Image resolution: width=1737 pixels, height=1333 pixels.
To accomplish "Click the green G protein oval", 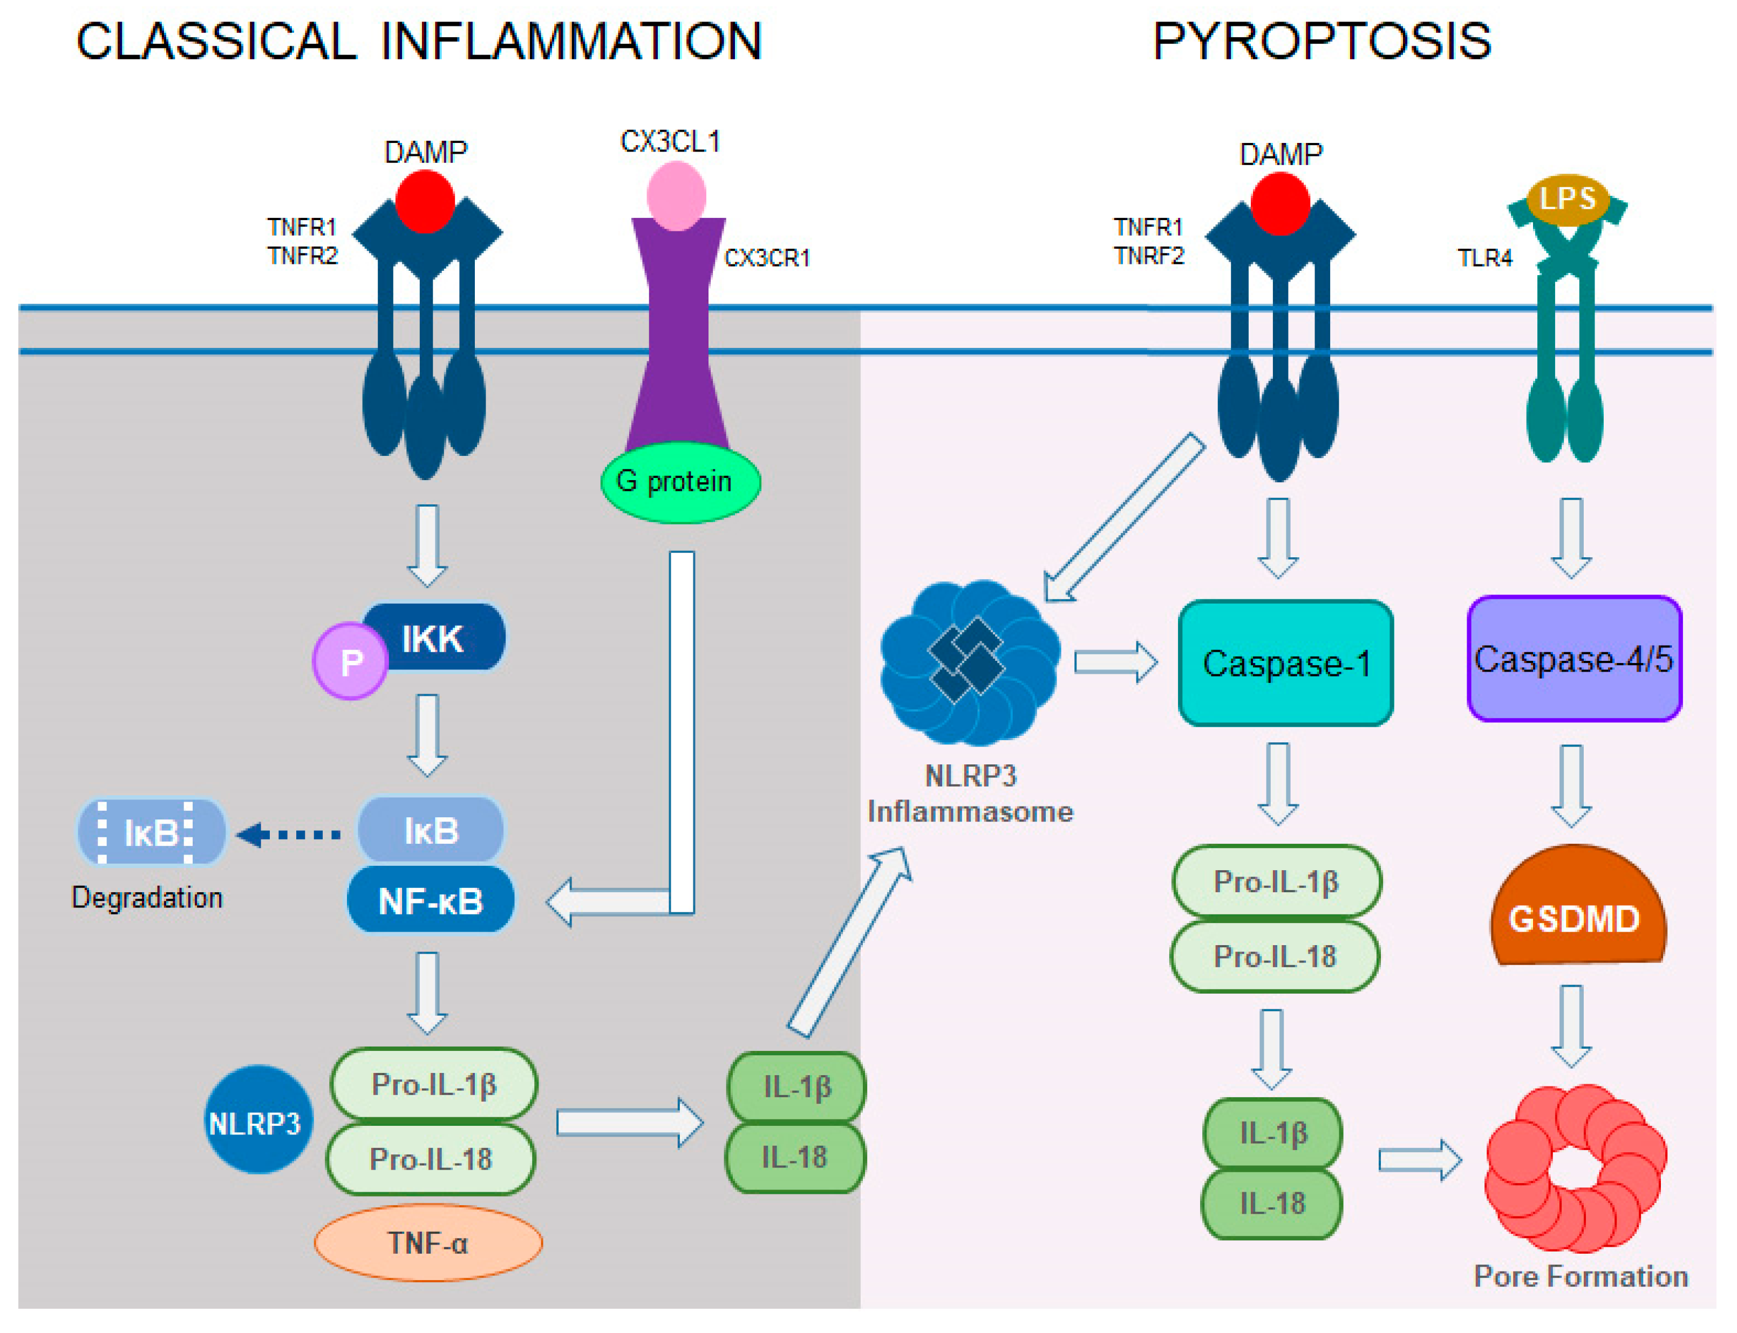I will click(x=679, y=482).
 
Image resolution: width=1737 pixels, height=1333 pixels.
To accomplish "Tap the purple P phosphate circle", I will click(x=350, y=661).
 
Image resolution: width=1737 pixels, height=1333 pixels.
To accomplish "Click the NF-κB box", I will click(x=430, y=900).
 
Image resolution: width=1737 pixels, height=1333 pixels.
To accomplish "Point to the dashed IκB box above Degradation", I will click(x=151, y=831).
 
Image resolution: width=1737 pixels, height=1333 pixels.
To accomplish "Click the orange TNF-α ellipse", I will click(x=428, y=1242).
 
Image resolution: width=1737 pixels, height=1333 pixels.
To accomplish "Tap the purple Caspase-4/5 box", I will click(x=1573, y=659).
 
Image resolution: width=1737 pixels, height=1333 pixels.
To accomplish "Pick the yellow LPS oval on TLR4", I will click(x=1567, y=199).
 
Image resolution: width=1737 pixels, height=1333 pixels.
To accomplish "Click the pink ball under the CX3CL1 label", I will click(x=676, y=195).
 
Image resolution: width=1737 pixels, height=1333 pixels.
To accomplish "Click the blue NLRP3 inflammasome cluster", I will click(x=969, y=662).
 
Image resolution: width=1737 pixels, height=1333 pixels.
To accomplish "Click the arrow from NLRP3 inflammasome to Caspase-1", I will click(x=1115, y=662).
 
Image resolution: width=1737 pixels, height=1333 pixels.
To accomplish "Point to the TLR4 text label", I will click(x=1484, y=258).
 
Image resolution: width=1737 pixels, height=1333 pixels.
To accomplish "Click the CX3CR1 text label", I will click(x=767, y=258).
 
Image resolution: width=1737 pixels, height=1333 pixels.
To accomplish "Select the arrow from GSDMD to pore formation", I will click(x=1571, y=1025).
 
